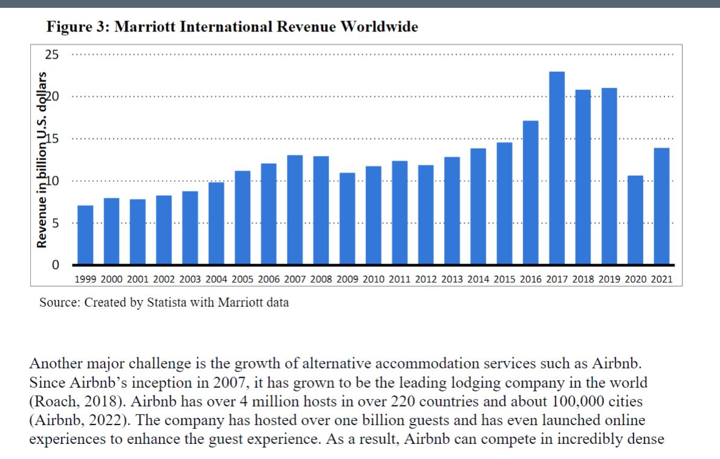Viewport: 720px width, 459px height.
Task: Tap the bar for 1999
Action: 85,235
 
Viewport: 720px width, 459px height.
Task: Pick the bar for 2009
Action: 347,219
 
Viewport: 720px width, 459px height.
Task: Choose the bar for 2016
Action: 530,193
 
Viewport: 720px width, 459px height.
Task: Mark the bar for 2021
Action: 661,206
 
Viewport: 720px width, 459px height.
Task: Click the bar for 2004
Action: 216,223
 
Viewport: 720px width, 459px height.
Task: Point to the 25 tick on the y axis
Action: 53,55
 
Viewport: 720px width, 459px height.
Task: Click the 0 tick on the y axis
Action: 56,265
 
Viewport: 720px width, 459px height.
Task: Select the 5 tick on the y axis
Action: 56,223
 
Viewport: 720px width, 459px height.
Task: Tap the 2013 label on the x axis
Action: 452,280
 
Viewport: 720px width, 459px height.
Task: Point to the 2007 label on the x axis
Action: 295,280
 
